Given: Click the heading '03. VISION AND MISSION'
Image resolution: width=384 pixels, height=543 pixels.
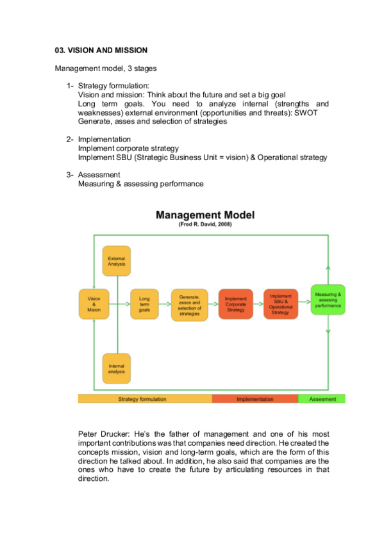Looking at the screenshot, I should (101, 50).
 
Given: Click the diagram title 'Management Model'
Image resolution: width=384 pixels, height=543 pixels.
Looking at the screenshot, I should (205, 215).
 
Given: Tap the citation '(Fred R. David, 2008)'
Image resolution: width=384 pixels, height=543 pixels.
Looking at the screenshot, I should (205, 225).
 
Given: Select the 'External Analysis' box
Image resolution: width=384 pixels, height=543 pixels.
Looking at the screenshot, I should (116, 261).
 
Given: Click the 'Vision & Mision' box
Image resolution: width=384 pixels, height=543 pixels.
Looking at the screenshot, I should (94, 304).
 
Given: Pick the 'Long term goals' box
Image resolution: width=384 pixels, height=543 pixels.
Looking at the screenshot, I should (144, 304).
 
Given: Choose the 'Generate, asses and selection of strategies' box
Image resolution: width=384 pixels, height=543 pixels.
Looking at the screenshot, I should (190, 304).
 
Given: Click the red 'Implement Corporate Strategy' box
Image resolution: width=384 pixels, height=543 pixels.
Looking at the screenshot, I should (236, 304).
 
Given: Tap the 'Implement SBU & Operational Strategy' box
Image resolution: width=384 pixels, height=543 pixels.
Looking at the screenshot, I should (280, 304).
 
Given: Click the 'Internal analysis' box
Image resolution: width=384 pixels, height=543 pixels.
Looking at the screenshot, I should (116, 369).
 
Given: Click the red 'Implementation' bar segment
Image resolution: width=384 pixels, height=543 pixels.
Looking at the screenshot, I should (255, 399).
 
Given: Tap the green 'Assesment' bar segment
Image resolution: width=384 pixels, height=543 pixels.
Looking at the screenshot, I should (322, 399).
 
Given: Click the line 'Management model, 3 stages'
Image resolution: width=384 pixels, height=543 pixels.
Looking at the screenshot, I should (106, 68).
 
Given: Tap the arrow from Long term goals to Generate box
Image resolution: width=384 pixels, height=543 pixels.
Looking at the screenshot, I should (164, 304).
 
